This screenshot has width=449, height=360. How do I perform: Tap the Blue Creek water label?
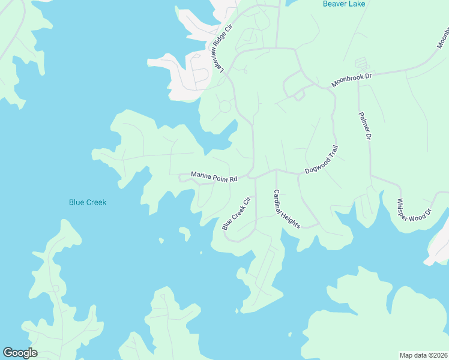88,202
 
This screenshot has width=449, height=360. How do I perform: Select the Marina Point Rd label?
214,177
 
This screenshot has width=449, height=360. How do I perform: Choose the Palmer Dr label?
365,126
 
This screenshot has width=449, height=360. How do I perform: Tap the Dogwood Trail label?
322,160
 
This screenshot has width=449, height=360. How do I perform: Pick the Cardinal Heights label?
286,209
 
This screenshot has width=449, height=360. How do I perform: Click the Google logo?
20,353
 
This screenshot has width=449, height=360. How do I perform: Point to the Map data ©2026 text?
423,355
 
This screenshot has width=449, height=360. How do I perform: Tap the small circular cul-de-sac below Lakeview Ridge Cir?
225,107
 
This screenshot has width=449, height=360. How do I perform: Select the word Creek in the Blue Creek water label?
96,202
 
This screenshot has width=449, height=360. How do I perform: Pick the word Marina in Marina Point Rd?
202,175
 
